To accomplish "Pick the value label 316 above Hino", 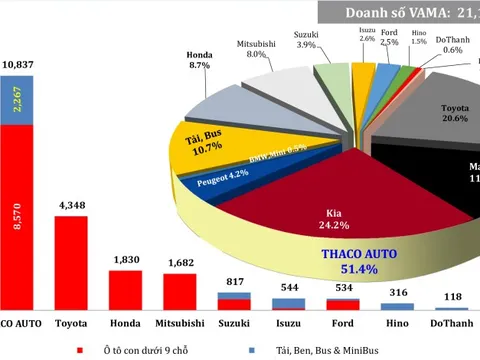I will point(397,292).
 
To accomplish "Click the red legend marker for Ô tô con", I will point(78,350).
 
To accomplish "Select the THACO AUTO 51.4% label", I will point(358,262).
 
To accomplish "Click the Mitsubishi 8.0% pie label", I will point(259,50).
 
